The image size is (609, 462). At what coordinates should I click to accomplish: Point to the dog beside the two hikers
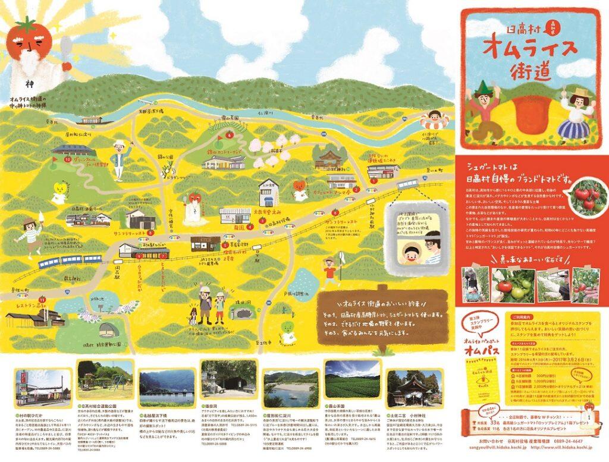[x=193, y=315]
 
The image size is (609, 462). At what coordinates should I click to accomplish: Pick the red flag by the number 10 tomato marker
[x=58, y=153]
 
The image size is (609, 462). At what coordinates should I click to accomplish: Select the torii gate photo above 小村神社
[x=415, y=386]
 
